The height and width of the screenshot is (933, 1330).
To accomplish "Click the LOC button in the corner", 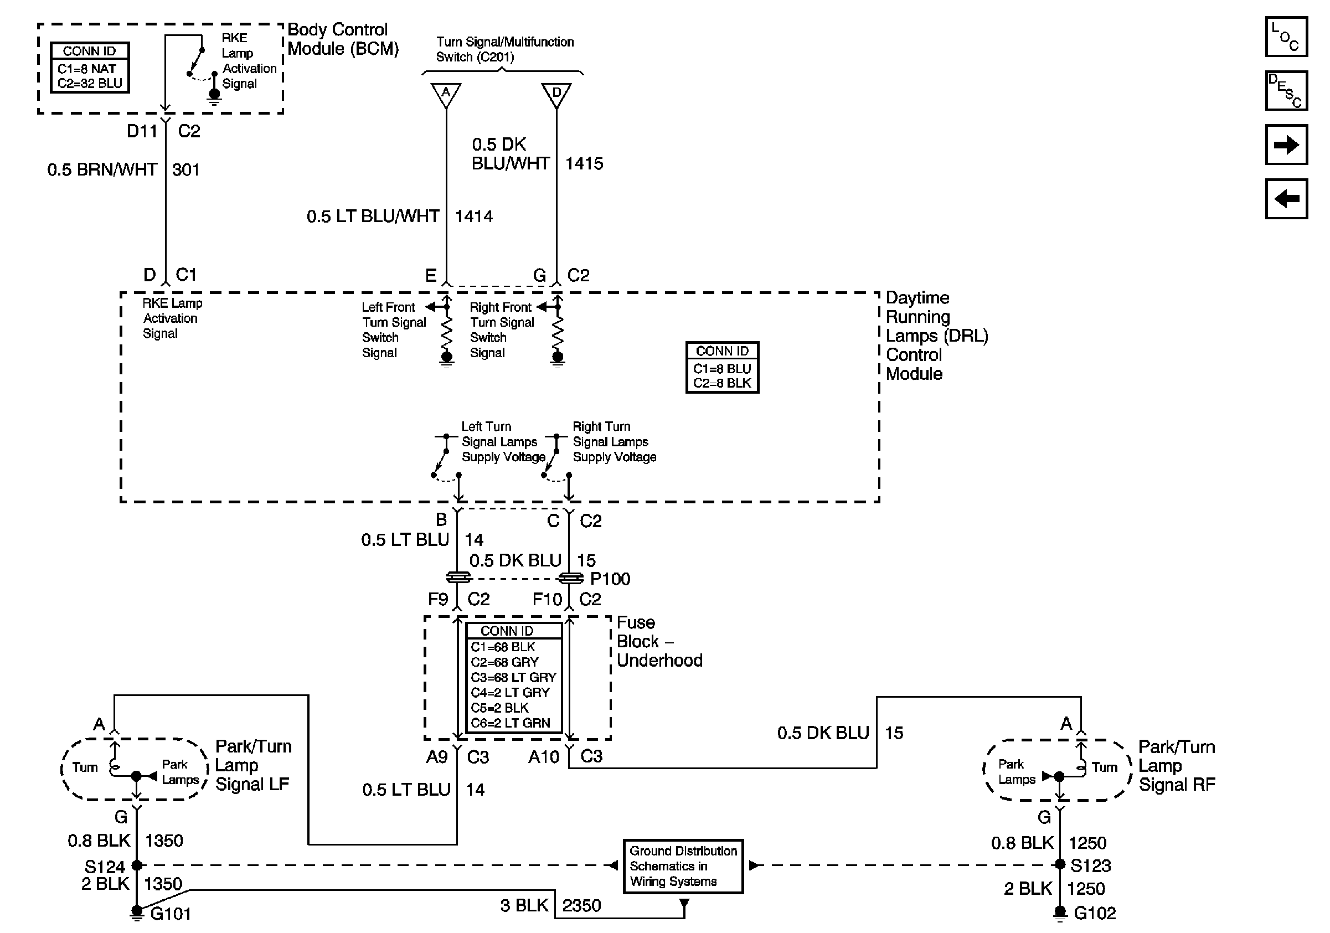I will pos(1286,37).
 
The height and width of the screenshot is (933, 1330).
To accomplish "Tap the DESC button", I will pos(1286,91).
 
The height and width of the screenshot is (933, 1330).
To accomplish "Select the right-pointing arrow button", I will pos(1286,145).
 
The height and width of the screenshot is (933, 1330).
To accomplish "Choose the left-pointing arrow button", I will pos(1286,199).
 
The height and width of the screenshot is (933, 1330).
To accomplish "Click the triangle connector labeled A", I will pos(446,94).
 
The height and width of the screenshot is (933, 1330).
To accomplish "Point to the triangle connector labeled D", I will pos(556,94).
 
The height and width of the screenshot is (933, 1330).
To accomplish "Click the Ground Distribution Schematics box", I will pos(683,867).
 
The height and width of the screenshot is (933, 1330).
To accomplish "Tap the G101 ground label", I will pos(171,914).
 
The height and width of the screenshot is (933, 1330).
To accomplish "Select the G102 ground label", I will pos(1094,913).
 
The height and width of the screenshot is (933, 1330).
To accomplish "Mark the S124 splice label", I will pos(104,867).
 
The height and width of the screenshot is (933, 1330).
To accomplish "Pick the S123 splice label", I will pos(1090,866).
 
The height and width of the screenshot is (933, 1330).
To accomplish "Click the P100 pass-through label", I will pos(610,579).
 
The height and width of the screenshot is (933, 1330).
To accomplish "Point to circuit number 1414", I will pos(474,217).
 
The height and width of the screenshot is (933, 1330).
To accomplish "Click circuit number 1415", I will pos(584,164).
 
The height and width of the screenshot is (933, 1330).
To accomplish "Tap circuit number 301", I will pos(185,169).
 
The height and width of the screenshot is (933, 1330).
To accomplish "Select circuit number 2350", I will pos(581,906).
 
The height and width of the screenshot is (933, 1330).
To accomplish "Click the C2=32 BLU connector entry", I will pos(90,84).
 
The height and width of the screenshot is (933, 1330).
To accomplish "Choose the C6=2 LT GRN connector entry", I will pos(511,723).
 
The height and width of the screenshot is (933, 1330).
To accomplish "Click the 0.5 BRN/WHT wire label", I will pos(102,169).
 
